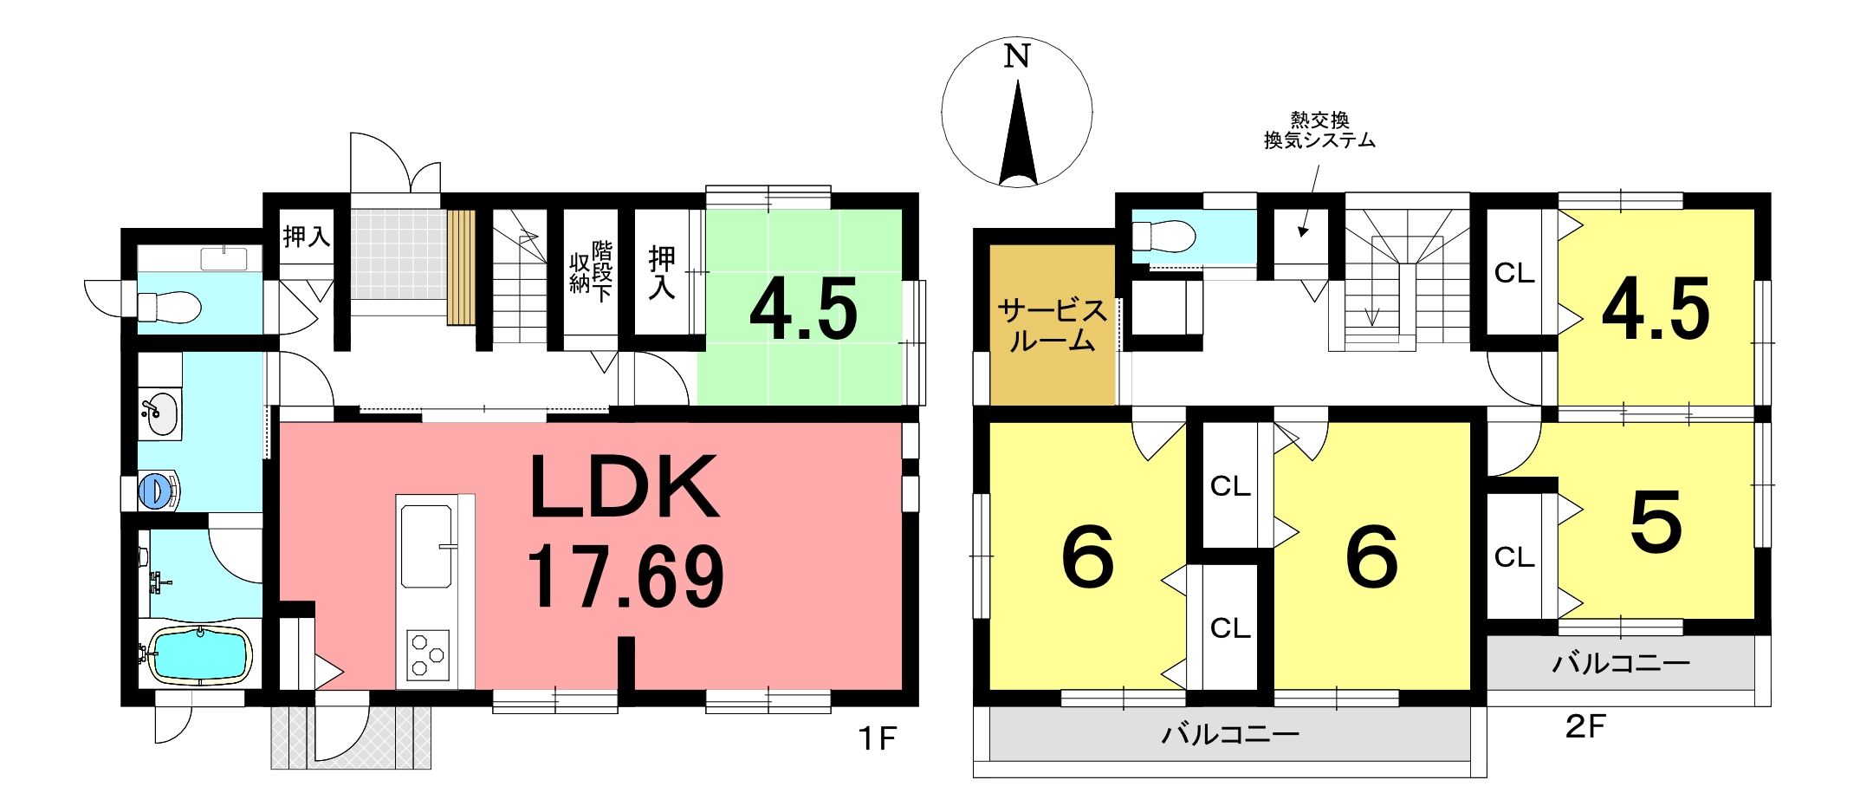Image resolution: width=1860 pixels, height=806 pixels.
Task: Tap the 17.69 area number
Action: tap(625, 577)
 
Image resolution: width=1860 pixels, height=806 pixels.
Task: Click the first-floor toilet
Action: tap(170, 306)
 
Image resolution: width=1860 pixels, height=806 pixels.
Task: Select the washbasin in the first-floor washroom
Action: tap(159, 414)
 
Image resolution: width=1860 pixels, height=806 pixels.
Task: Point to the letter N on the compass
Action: tap(1017, 56)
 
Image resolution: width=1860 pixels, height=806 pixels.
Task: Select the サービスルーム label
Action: tap(1053, 325)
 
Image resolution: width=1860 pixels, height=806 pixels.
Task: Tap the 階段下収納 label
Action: tap(591, 270)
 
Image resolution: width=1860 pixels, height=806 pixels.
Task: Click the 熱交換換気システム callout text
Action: tap(1319, 130)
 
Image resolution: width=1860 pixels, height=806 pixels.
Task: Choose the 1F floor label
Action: tap(877, 739)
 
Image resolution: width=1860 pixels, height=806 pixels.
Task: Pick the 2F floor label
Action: tap(1585, 726)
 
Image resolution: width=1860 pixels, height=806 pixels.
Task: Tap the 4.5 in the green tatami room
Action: tap(803, 309)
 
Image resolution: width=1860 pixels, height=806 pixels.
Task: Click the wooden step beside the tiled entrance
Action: tap(462, 267)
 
